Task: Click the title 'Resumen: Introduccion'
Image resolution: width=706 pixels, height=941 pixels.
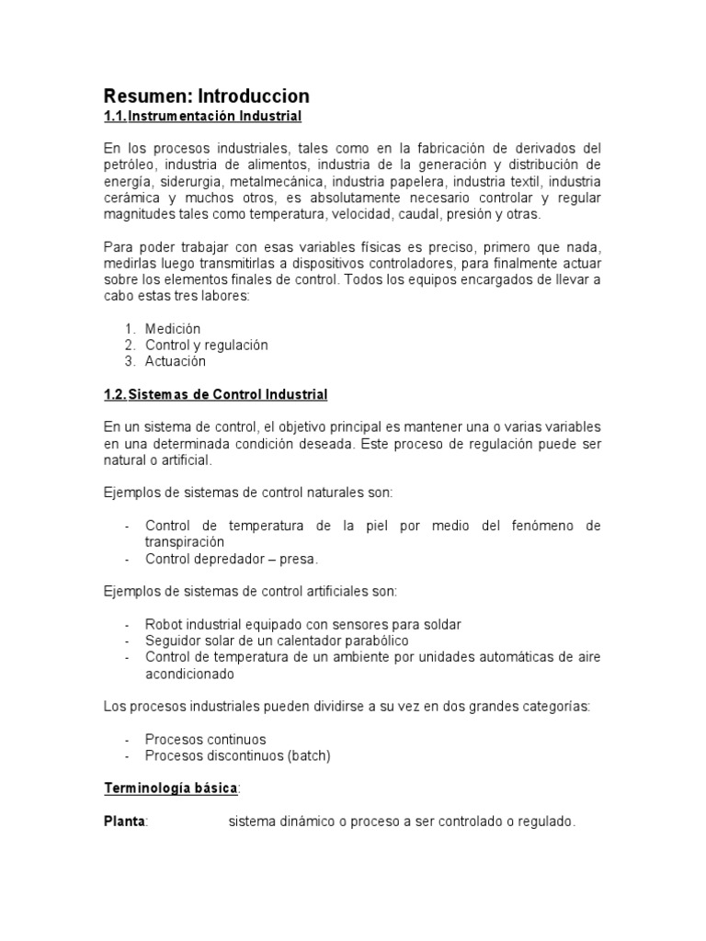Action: click(206, 96)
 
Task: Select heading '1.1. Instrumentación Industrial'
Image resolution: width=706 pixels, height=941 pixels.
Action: click(202, 117)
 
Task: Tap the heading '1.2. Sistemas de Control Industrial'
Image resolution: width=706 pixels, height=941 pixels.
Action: click(215, 394)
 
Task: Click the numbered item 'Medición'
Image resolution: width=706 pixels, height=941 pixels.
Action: click(173, 328)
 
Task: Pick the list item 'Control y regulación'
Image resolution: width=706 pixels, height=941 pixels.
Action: click(206, 345)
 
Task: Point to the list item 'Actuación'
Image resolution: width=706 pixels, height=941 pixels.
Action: click(176, 361)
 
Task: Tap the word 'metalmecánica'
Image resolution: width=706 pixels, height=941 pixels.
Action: click(277, 181)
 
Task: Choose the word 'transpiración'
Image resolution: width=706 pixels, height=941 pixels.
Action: click(185, 542)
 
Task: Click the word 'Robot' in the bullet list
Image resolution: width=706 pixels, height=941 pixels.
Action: click(164, 625)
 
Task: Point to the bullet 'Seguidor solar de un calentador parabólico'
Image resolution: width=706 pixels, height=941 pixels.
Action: click(276, 641)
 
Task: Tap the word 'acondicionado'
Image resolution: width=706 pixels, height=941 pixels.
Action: click(189, 674)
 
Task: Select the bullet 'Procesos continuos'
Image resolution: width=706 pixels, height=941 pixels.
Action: click(205, 739)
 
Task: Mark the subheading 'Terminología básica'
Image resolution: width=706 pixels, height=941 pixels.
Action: click(170, 788)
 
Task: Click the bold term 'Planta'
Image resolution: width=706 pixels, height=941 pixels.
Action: click(124, 822)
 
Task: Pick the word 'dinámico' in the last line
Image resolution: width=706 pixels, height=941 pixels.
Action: click(307, 822)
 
